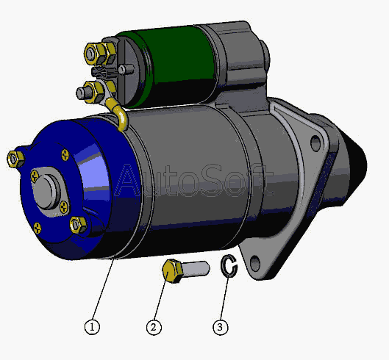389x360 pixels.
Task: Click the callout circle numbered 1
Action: click(x=92, y=327)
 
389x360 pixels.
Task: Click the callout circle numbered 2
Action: click(x=154, y=327)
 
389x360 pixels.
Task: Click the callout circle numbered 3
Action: click(x=221, y=327)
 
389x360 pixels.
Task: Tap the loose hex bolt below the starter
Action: click(x=185, y=270)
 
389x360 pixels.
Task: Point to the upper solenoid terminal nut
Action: click(x=100, y=53)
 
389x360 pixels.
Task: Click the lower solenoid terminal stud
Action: click(x=84, y=93)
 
